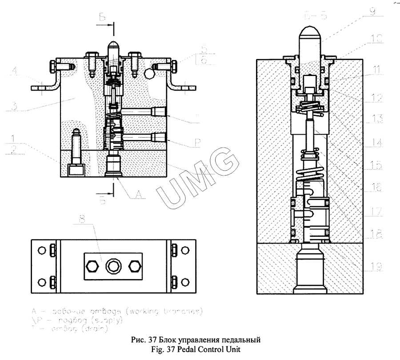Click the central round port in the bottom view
coord(111,267)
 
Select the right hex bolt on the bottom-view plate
coord(132,267)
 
